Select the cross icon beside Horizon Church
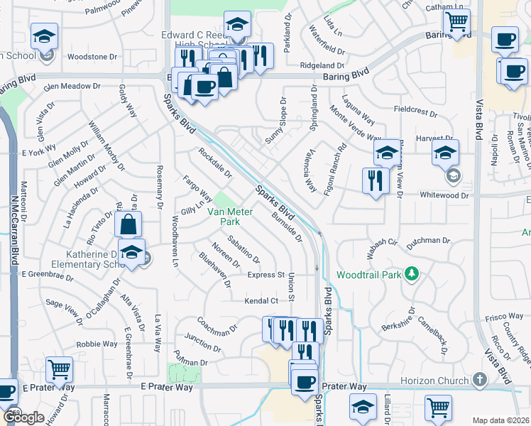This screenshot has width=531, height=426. pos(479,381)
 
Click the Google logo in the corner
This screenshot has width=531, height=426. pos(23,417)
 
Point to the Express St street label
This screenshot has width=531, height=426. pos(265,275)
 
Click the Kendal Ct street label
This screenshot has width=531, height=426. pos(260,301)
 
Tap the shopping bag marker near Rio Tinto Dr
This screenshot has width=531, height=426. pos(128,225)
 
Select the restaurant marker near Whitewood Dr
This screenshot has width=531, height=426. pos(376,180)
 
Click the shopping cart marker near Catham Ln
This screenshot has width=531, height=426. pos(456,21)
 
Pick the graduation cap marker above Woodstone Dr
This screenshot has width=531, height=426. pos(45,35)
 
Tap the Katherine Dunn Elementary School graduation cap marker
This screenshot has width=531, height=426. pos(131,252)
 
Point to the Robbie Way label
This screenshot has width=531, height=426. pos(97,344)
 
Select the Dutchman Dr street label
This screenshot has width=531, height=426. pos(428,241)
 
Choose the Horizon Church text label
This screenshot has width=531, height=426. pos(443,381)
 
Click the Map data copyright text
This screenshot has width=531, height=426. pos(500,420)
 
